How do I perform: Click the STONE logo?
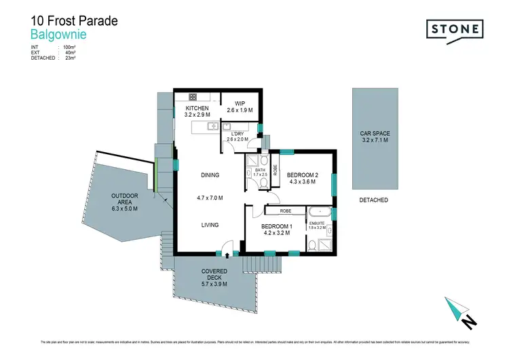pos(454,29)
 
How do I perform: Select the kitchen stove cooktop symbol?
pos(193,96)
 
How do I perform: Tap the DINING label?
pos(210,175)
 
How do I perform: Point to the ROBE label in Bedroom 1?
pos(275,211)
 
